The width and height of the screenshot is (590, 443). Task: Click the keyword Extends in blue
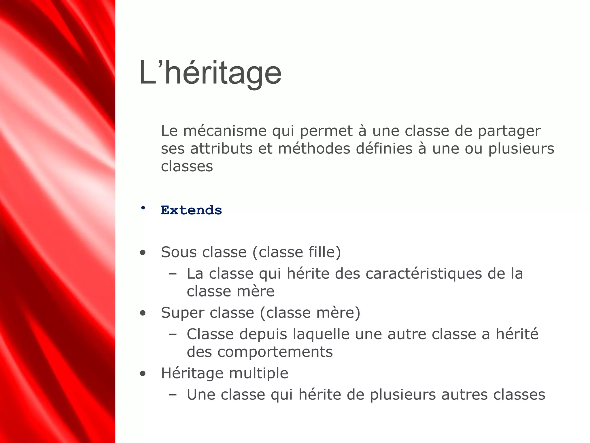(x=191, y=210)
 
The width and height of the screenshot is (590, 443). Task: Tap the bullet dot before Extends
(x=143, y=208)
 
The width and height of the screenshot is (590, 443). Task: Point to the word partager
(x=509, y=132)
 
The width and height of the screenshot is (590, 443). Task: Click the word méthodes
(x=314, y=149)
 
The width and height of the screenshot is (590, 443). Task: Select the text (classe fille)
(x=297, y=252)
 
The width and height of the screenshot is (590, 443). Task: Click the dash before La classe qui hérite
(x=173, y=274)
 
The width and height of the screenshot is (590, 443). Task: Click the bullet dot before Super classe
(x=143, y=314)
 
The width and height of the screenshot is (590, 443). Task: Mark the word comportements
(x=275, y=352)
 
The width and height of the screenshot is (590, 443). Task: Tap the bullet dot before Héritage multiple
(x=143, y=374)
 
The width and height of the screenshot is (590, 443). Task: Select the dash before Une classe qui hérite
(x=173, y=395)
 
